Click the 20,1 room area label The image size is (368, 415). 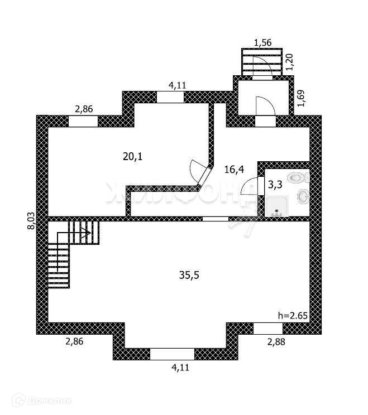tap(133, 157)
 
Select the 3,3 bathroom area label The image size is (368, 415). tap(274, 185)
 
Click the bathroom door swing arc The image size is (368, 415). tap(249, 186)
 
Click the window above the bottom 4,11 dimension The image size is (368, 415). tap(172, 354)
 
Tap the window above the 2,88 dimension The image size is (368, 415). tap(268, 329)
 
